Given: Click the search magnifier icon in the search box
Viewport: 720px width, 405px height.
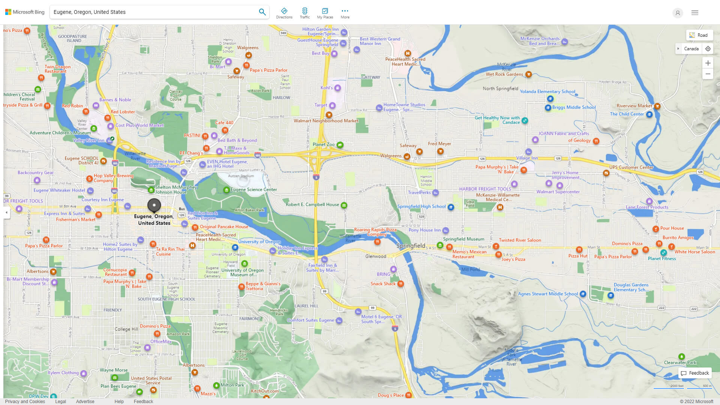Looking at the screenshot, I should click(x=262, y=12).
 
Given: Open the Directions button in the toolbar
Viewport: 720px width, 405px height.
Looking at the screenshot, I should click(x=284, y=13).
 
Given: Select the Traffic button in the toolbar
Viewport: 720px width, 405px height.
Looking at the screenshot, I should click(x=304, y=13).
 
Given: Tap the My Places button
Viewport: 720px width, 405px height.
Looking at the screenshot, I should click(x=325, y=13).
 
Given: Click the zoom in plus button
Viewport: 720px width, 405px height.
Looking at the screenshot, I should click(x=708, y=63).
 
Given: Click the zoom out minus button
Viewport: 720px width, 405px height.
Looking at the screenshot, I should click(x=708, y=74).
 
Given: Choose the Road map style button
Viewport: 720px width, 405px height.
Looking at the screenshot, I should click(x=699, y=35).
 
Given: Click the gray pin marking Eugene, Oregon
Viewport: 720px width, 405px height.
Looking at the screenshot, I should click(x=154, y=205).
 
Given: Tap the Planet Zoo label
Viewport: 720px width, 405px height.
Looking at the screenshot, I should click(x=323, y=144).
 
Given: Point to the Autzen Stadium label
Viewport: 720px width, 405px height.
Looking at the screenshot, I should click(x=241, y=176).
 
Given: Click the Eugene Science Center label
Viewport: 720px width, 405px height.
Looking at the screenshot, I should click(x=253, y=190).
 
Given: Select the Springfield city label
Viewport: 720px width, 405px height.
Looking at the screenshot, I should click(x=411, y=246).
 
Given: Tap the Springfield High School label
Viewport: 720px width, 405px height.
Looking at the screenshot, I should click(x=421, y=207).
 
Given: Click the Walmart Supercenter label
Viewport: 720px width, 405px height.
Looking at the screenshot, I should click(x=558, y=192).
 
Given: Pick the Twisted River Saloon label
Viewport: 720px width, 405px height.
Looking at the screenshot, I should click(x=520, y=240).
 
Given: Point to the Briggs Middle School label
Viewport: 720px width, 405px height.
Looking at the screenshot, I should click(x=573, y=107).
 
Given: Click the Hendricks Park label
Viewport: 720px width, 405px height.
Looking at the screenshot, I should click(x=279, y=312).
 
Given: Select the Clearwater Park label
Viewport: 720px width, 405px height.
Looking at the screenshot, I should click(x=680, y=363).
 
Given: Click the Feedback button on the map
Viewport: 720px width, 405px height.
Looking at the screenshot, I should click(x=695, y=373).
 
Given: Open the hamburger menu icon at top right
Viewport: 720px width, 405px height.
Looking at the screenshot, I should click(x=695, y=13).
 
